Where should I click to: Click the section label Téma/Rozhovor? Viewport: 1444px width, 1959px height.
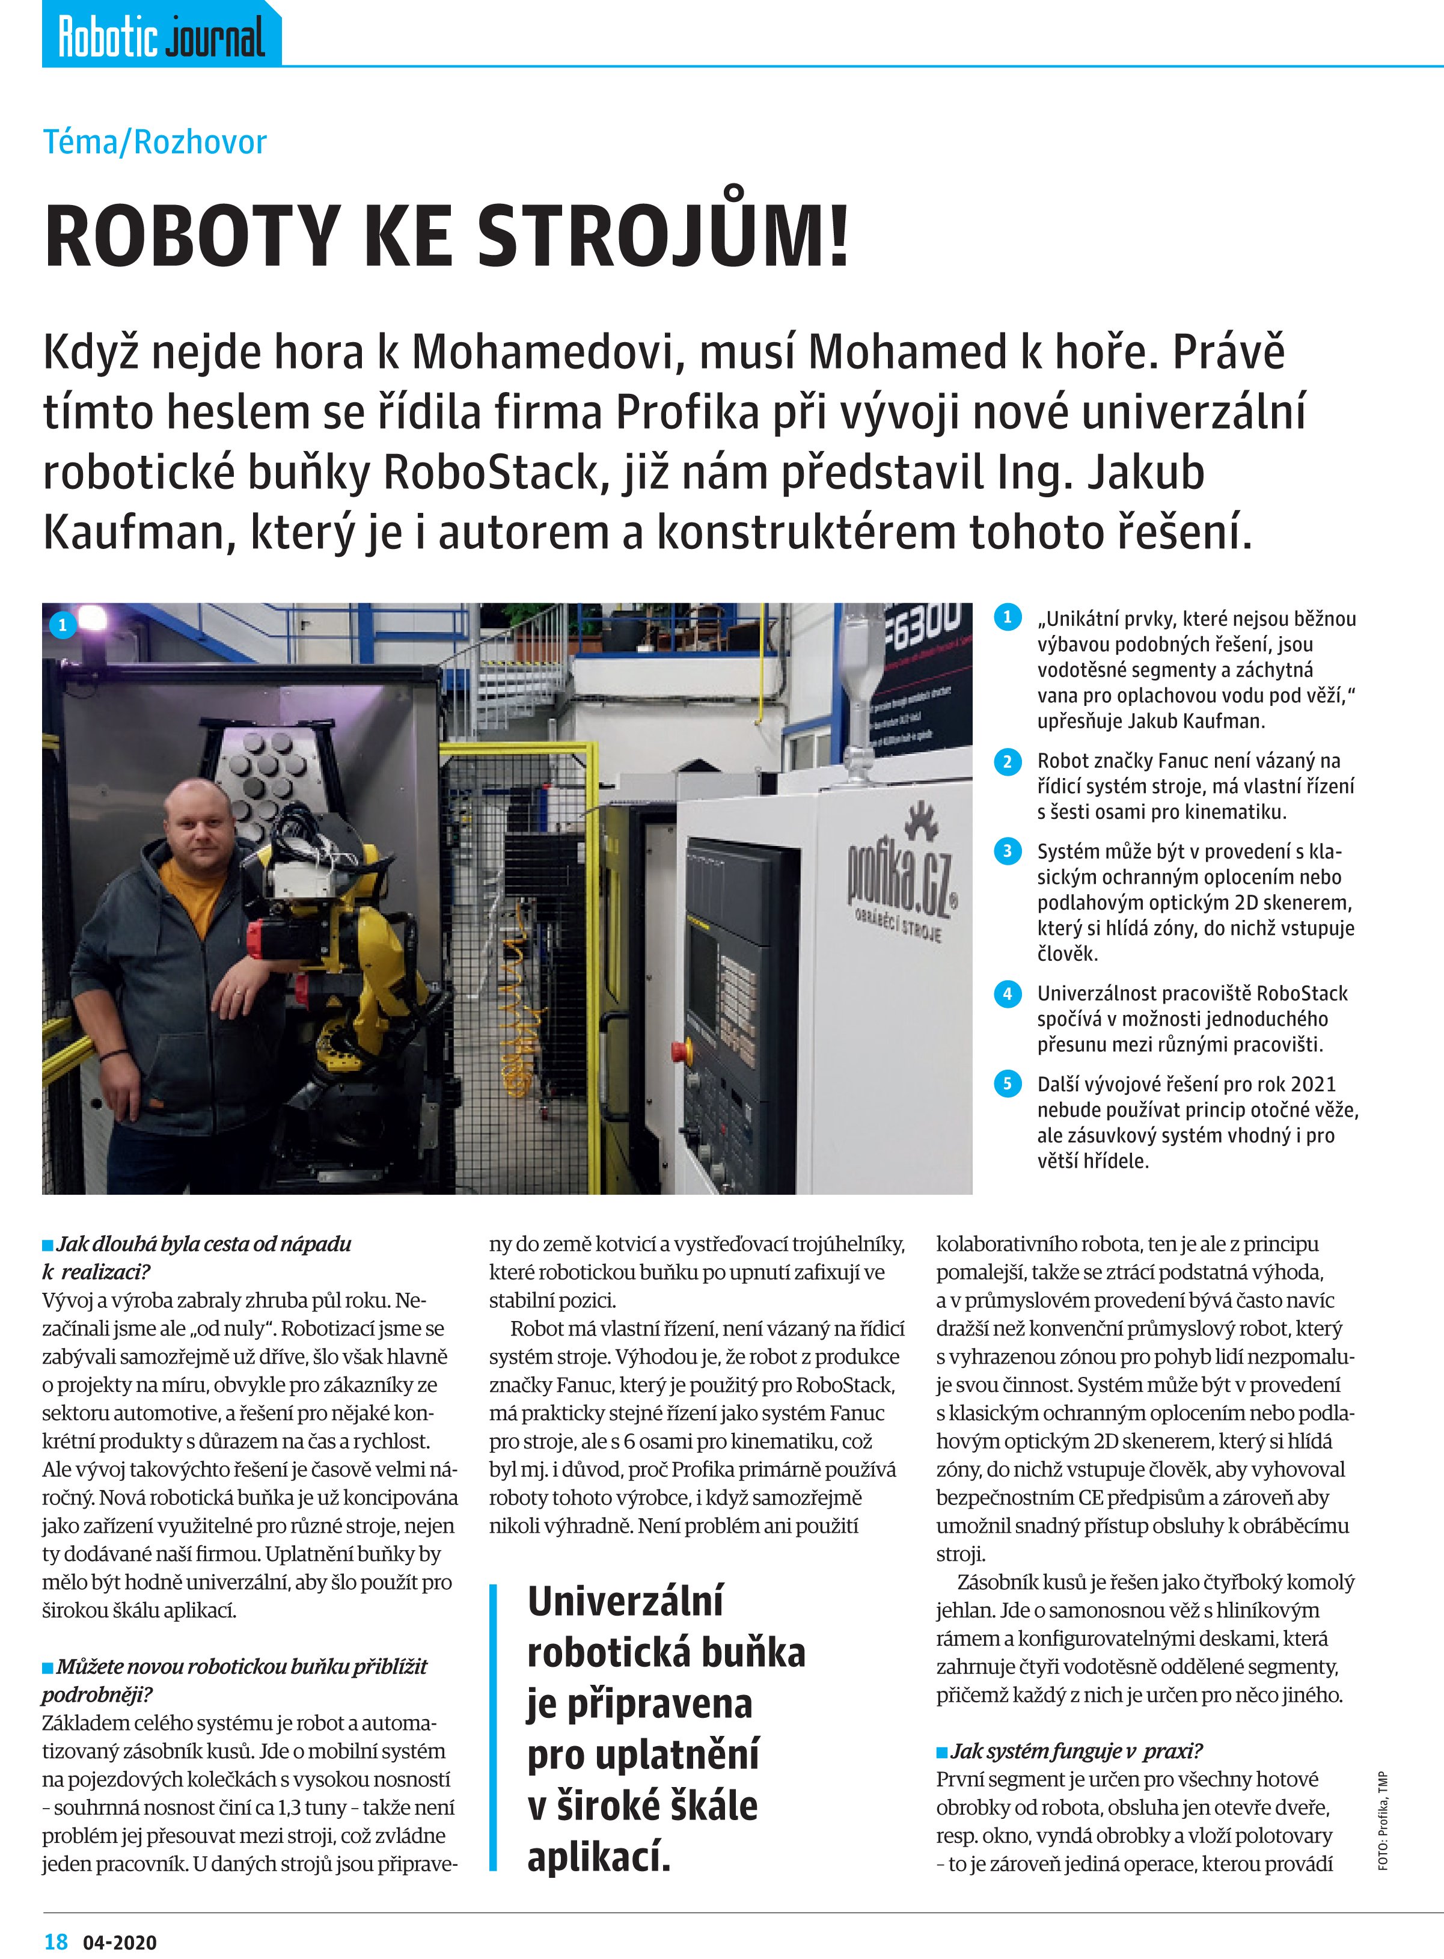(154, 142)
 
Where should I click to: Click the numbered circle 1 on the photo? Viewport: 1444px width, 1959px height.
(62, 625)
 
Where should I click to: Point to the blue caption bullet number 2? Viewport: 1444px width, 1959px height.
(1007, 761)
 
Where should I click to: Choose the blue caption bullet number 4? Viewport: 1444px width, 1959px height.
(1007, 994)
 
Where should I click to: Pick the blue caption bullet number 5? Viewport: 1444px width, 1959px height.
(1007, 1085)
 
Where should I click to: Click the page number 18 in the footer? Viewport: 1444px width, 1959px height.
(56, 1942)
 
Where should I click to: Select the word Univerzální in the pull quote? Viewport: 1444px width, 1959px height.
(625, 1601)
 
